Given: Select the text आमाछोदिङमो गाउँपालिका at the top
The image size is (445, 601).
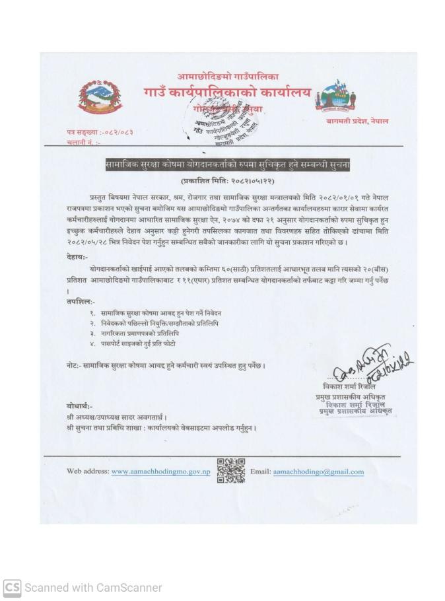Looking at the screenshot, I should tap(228, 77).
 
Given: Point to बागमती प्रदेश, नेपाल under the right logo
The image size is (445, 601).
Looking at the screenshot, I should tap(357, 121).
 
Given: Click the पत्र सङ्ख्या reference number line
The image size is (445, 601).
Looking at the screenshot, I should tap(100, 132).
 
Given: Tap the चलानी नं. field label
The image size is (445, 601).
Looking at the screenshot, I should tap(83, 142).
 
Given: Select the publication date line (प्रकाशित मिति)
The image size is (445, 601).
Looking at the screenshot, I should tap(227, 180).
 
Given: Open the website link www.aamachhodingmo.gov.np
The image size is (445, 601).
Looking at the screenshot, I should tap(160, 472).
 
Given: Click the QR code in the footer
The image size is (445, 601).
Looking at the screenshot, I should tap(230, 470).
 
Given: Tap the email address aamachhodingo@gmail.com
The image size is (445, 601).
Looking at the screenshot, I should tap(318, 472).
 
